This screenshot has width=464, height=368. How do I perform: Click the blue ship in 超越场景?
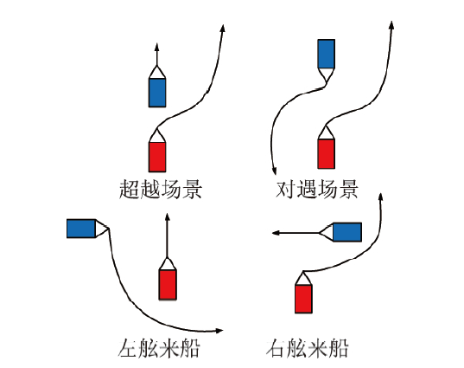[157, 87]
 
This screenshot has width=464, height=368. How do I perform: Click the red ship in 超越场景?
[157, 151]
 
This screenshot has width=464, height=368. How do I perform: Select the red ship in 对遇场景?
[327, 148]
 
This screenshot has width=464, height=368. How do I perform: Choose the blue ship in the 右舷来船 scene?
[340, 232]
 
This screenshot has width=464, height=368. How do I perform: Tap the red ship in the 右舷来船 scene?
[303, 293]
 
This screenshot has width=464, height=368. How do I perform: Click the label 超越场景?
[161, 189]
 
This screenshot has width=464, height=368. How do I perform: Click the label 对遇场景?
[317, 189]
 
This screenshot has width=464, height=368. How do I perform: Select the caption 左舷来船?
[159, 347]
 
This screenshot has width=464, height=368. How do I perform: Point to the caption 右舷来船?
[308, 347]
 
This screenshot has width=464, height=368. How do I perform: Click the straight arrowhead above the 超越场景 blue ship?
[157, 48]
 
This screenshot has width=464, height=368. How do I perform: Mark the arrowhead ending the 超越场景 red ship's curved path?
[223, 29]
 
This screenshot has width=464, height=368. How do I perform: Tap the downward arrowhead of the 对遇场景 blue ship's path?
[275, 171]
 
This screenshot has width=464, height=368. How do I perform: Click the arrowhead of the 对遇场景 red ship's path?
[391, 25]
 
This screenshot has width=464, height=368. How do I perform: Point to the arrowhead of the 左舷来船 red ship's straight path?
[168, 216]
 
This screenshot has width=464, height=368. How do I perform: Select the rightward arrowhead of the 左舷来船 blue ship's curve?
[219, 331]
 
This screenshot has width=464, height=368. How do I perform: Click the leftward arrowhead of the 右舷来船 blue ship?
[276, 233]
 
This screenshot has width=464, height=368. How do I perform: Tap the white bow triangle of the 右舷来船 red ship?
[303, 280]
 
